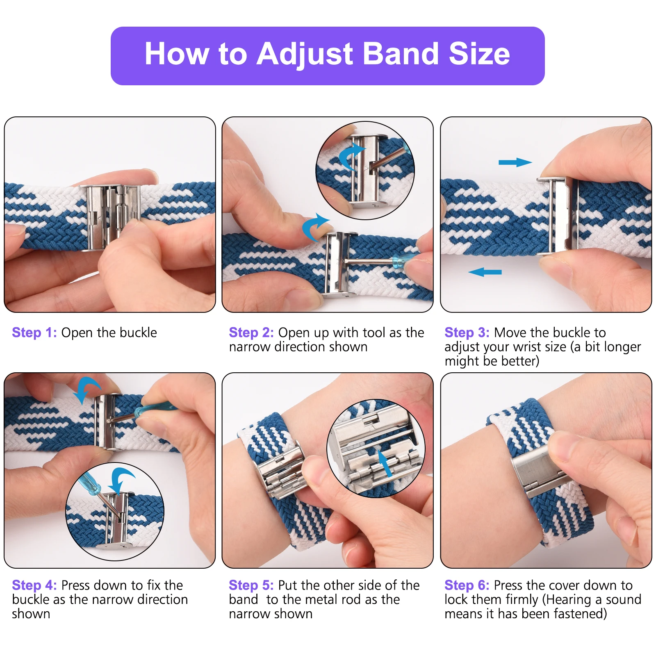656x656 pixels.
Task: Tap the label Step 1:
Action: tap(34, 333)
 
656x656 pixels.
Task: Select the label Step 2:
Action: tap(251, 333)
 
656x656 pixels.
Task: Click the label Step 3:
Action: tap(467, 333)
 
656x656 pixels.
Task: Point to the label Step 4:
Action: tap(34, 585)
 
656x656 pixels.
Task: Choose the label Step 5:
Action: tap(251, 585)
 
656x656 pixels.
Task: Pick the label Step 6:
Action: tap(467, 585)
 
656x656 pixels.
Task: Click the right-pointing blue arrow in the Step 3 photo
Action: tap(515, 162)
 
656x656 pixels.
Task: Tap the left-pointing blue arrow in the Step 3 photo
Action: tap(485, 272)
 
